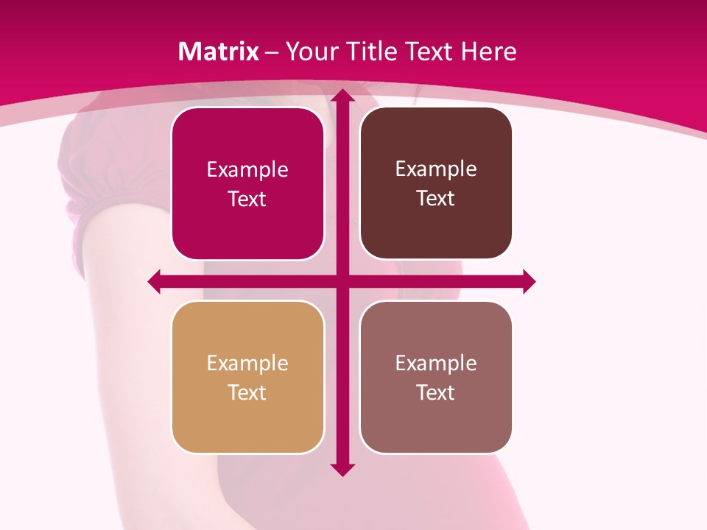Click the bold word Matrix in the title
(x=219, y=52)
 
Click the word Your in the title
(x=312, y=52)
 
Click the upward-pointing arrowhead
(x=342, y=95)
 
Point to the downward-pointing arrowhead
(x=342, y=470)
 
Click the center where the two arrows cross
(x=342, y=281)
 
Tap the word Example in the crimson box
(x=247, y=170)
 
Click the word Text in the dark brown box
(x=436, y=199)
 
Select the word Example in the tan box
(x=247, y=363)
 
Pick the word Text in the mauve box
(x=436, y=392)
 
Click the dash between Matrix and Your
(x=272, y=52)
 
